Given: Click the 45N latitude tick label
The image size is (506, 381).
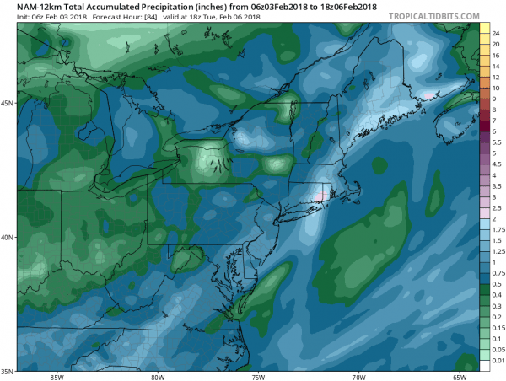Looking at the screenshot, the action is point(8,103).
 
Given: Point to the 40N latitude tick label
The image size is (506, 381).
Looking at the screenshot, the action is point(8,237).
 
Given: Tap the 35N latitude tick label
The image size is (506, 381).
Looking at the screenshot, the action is point(8,371).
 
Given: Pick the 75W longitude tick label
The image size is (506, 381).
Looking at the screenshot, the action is point(258,376).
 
